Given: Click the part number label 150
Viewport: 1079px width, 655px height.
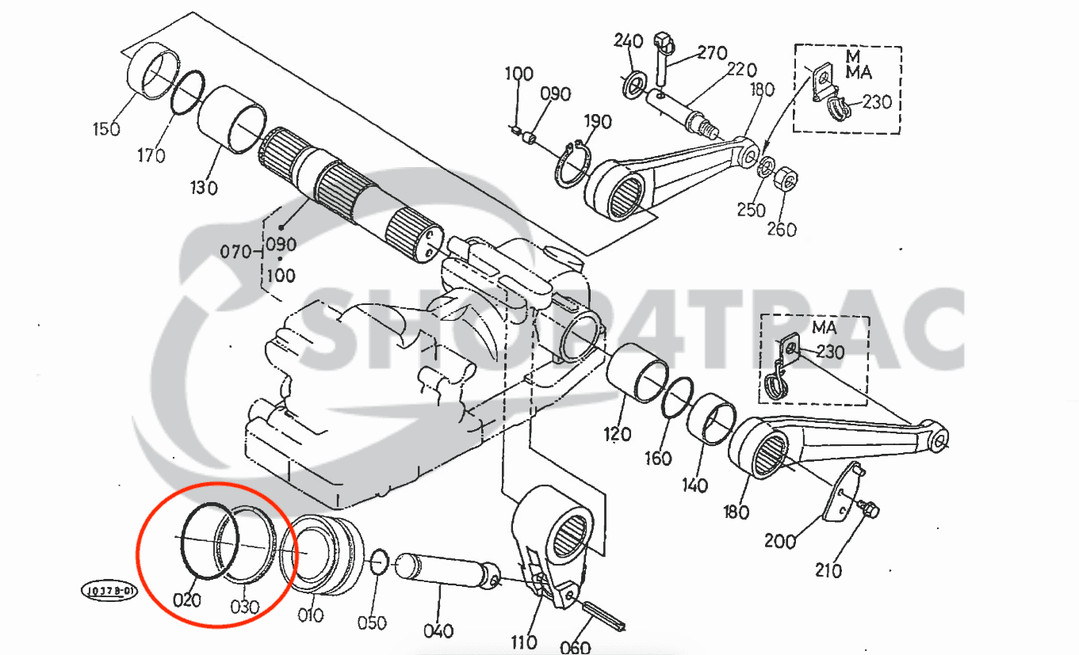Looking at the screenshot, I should coord(107,128).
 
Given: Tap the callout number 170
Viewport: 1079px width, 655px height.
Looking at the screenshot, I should coord(150,155).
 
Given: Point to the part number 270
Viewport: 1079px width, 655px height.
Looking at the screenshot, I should coord(712,52).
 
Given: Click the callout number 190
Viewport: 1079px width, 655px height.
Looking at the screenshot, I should coord(597,122).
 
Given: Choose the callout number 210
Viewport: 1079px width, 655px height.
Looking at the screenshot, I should coord(828,570).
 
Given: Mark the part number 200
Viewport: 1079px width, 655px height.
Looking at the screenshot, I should coord(780,542).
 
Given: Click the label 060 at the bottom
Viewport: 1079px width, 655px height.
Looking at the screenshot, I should coord(575,647).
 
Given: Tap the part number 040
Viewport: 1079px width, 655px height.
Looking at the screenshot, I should coord(438,631).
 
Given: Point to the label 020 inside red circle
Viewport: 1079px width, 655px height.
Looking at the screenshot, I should coord(187,600).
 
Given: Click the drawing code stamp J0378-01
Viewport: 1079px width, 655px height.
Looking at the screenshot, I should coord(108,591).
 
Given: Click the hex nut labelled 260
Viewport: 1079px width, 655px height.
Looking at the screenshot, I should coord(784,180).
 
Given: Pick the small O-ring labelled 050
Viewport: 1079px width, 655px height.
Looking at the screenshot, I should coord(379,561).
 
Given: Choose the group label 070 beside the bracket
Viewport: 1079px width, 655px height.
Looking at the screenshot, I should coord(235,253).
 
